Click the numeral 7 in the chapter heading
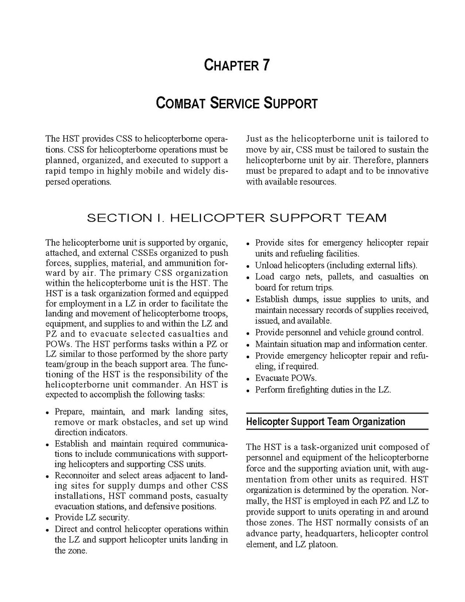tap(266, 65)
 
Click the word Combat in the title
tap(179, 104)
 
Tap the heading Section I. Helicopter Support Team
tap(237, 218)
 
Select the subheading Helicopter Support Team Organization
tap(326, 422)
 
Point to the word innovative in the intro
tap(406, 171)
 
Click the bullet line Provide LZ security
tap(92, 517)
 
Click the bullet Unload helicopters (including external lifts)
tap(336, 265)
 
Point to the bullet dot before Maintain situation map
tap(249, 345)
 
